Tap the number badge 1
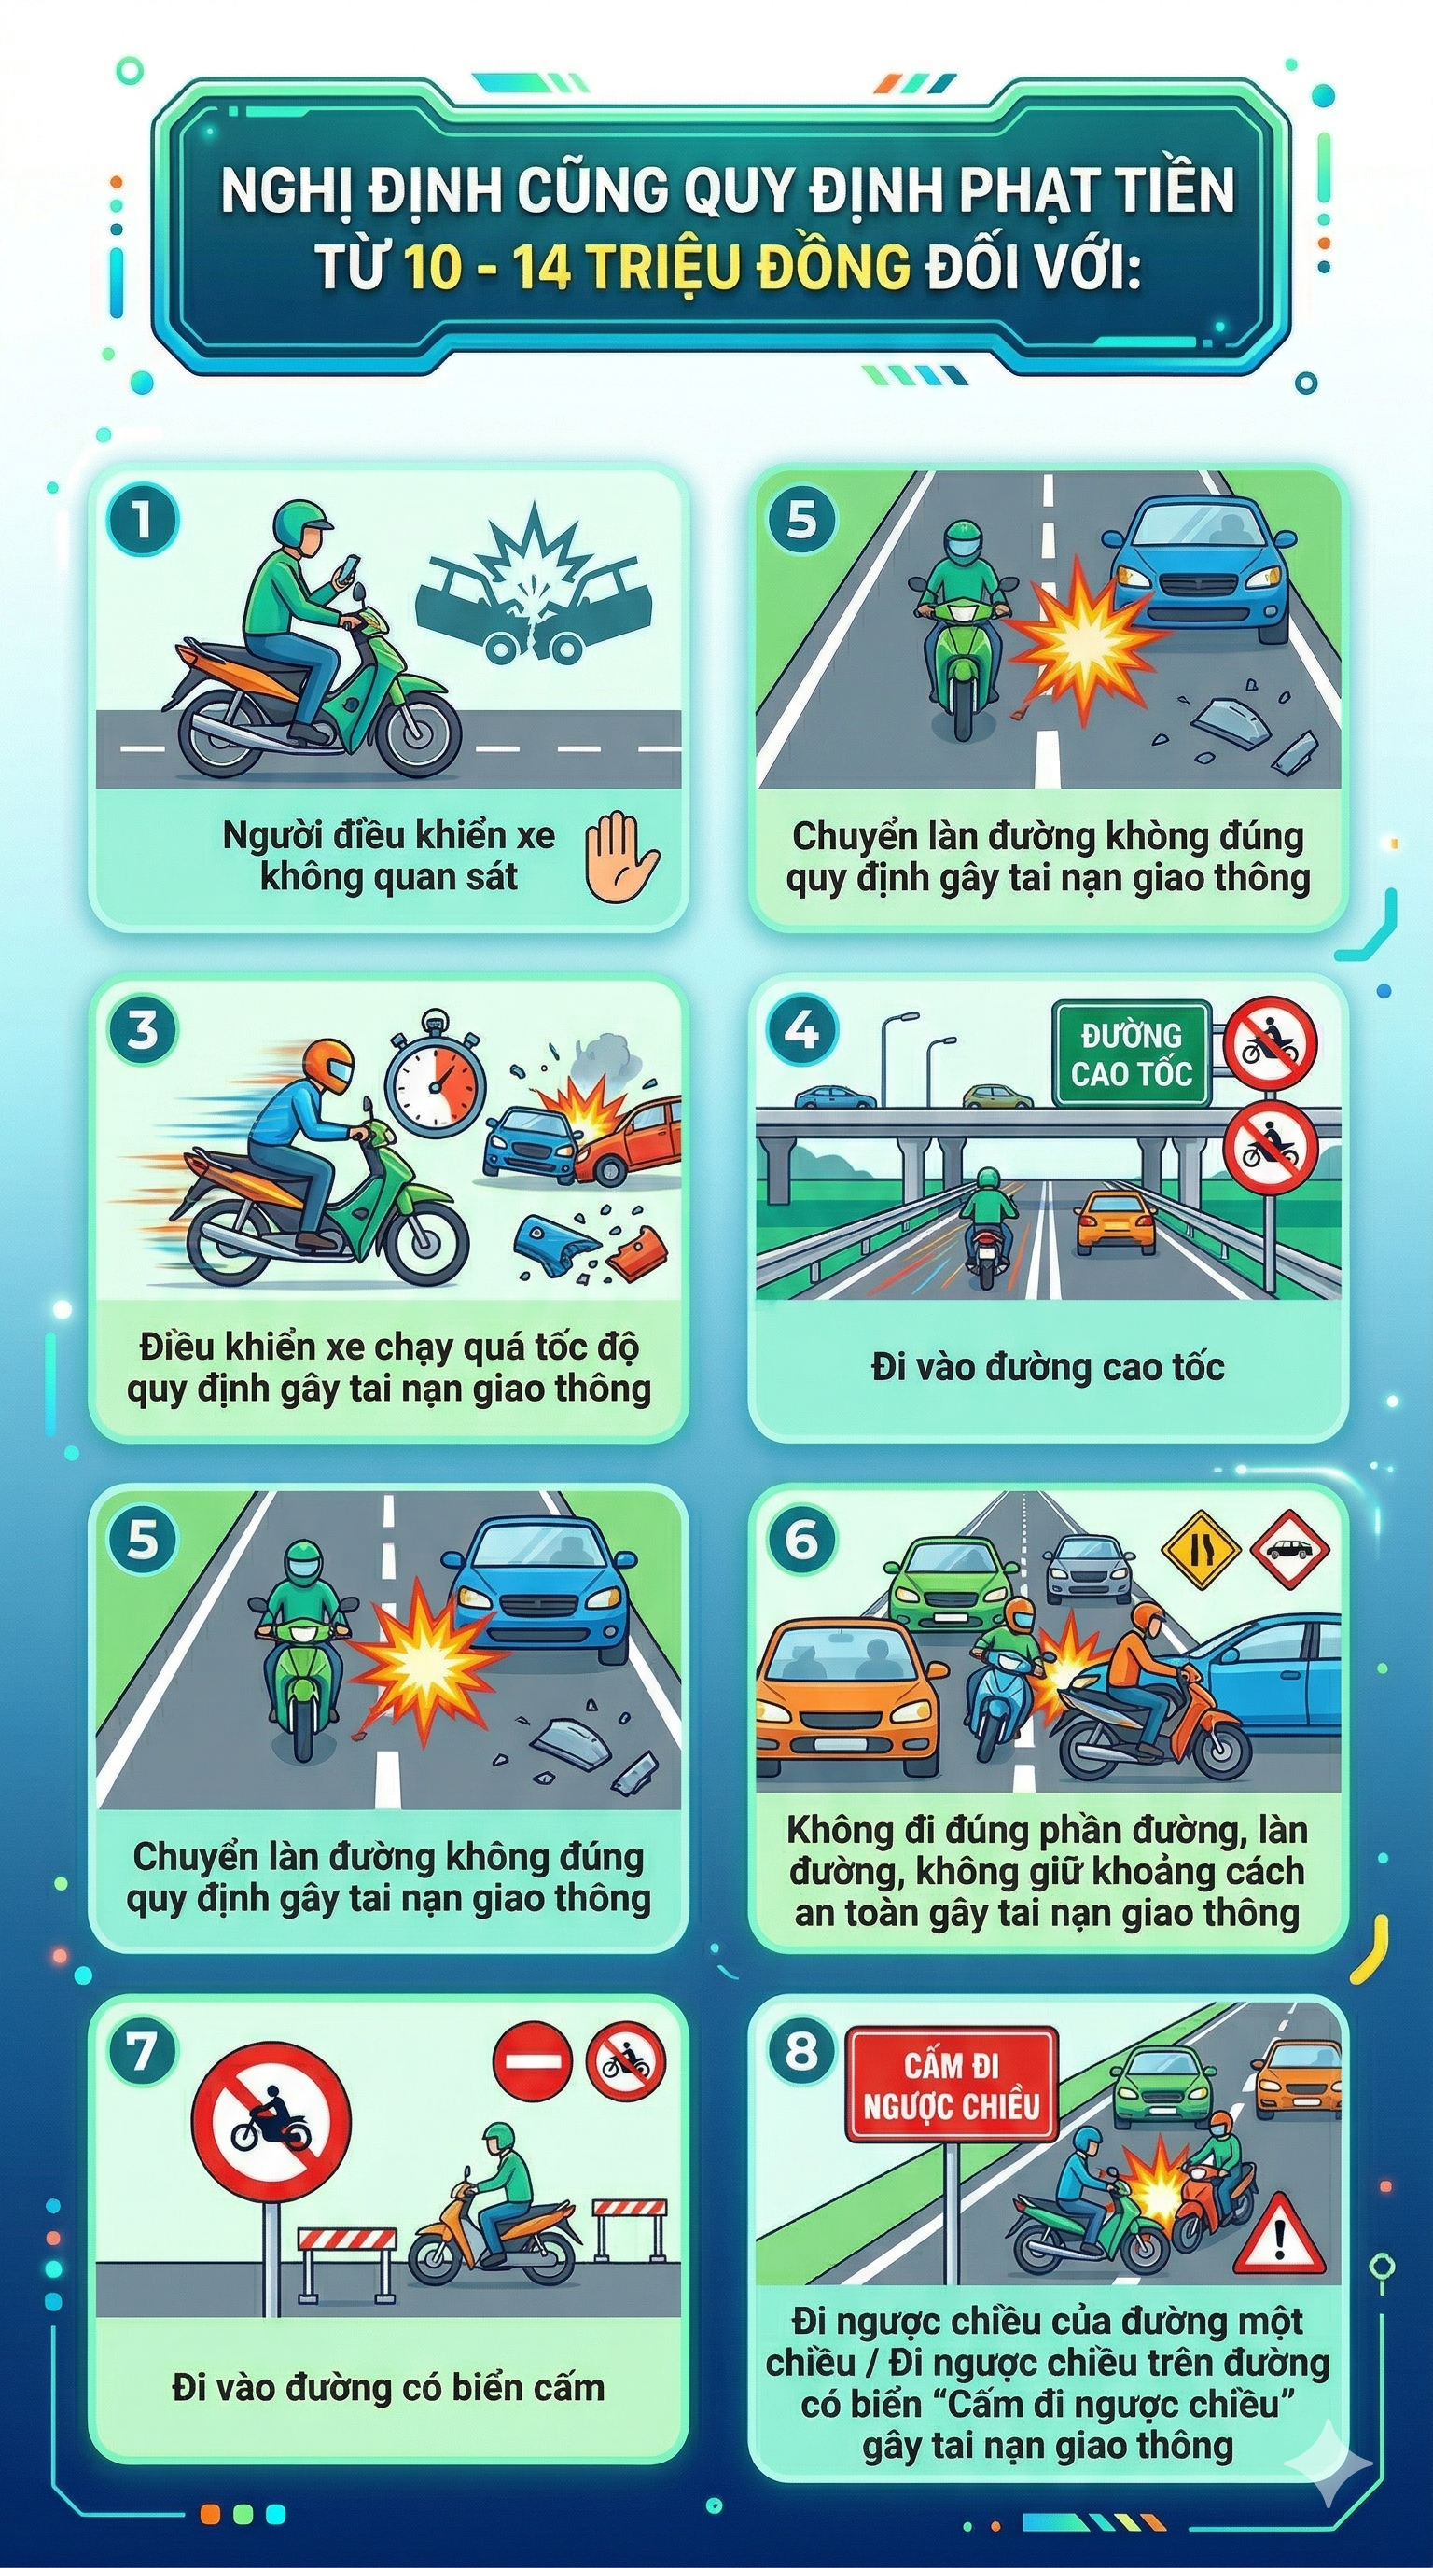click(143, 519)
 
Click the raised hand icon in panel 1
click(619, 858)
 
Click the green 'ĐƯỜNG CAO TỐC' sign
click(1131, 1054)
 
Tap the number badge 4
click(802, 1029)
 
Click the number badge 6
click(802, 1541)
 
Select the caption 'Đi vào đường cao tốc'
click(1047, 1366)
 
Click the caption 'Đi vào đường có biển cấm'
click(388, 2387)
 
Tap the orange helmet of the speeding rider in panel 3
click(327, 1066)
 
